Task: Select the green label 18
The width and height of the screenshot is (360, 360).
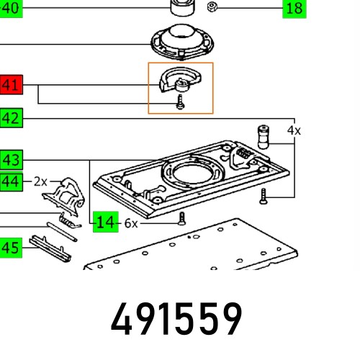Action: coord(293,9)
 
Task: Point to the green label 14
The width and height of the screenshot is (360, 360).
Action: coord(105,222)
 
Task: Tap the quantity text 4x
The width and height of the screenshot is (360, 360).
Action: coord(294,131)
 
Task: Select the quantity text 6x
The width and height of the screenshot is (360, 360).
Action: coord(131,223)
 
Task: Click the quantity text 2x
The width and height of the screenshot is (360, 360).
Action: coord(40,181)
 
